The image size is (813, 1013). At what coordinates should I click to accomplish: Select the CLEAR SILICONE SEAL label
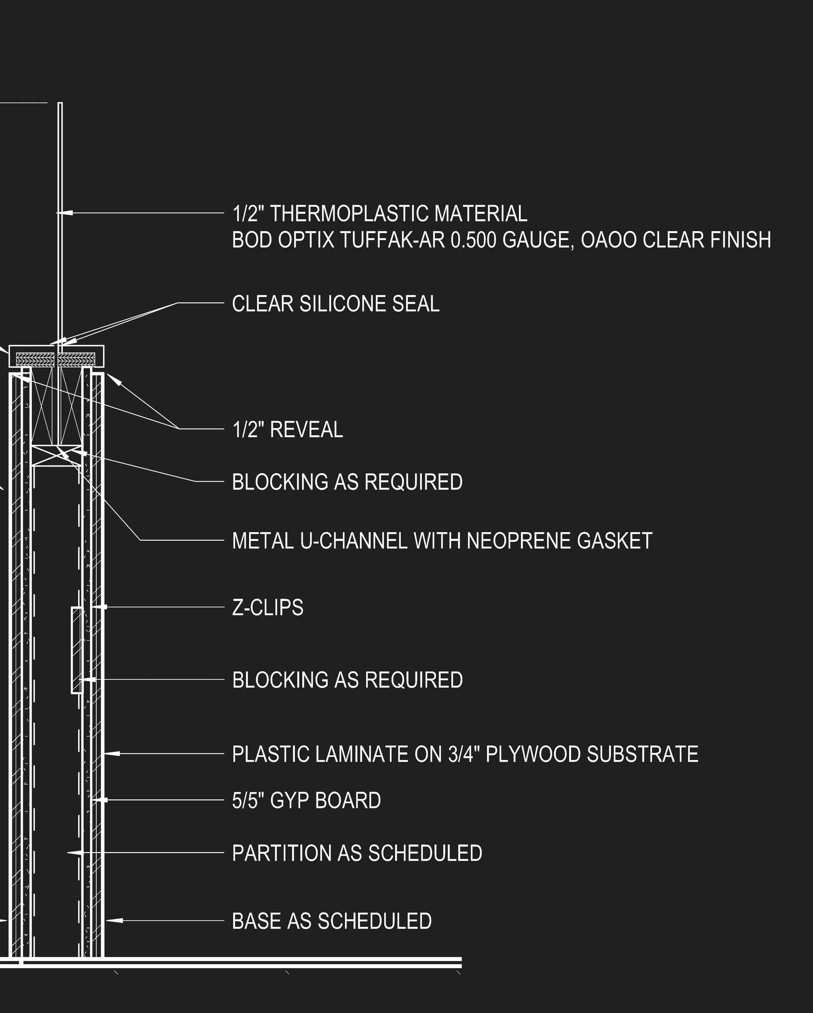click(336, 304)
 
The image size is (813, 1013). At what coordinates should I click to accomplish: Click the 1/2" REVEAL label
click(287, 429)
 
